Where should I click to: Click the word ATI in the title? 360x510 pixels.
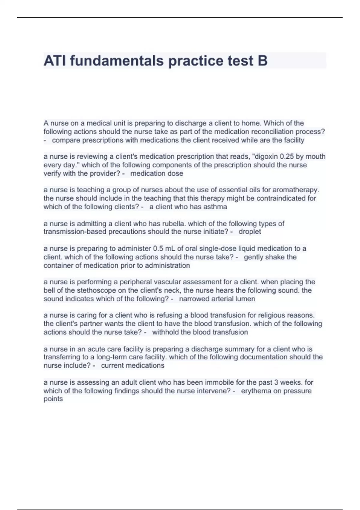coord(55,61)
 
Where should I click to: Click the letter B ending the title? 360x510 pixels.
coord(262,61)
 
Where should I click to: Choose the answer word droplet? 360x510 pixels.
coord(250,232)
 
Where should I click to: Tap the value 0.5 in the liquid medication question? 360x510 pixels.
coord(158,249)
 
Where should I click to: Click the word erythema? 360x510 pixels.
coord(255,391)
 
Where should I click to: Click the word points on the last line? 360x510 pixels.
coord(53,399)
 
